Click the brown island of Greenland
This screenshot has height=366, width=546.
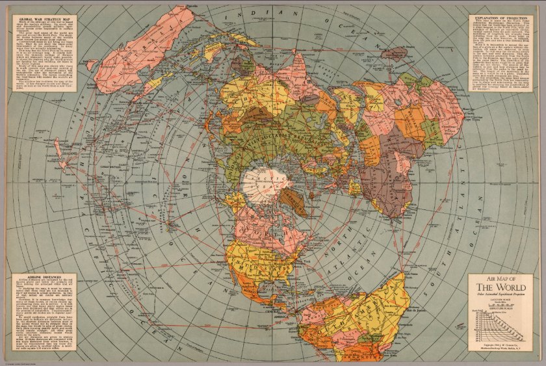coord(296,203)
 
